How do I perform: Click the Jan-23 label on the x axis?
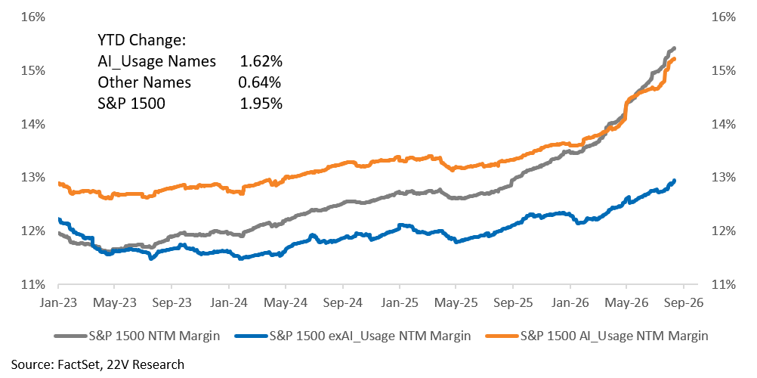[x=58, y=303]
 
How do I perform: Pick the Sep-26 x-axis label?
[x=683, y=303]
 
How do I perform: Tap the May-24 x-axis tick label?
[x=286, y=303]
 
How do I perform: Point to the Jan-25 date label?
[x=399, y=303]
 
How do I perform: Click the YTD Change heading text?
[x=142, y=41]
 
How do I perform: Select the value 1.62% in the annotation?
[x=261, y=62]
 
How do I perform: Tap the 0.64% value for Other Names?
[x=260, y=82]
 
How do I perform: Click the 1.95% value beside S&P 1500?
[x=261, y=104]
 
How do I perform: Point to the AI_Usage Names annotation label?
[x=157, y=62]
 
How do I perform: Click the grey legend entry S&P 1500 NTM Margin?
[x=137, y=336]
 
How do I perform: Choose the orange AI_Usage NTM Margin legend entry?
[x=596, y=336]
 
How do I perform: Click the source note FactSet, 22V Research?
[x=97, y=364]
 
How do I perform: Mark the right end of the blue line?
[x=674, y=181]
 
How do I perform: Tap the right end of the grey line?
[x=675, y=48]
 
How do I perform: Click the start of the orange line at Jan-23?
[x=58, y=183]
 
